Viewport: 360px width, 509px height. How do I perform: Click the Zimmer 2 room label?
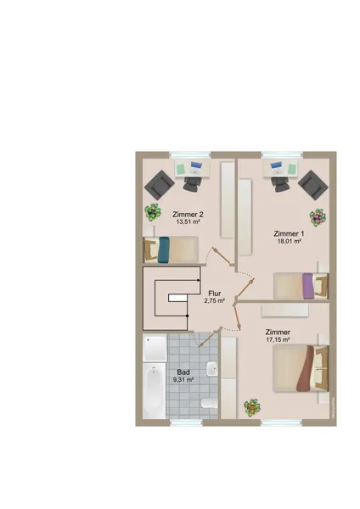point(188,215)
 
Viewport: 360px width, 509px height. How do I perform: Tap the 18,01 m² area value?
point(289,241)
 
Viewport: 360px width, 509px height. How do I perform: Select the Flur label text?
point(215,294)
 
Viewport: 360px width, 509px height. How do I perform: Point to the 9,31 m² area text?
point(183,379)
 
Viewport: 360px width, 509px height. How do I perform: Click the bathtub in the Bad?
point(155,390)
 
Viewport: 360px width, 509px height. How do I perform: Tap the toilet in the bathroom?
point(209,403)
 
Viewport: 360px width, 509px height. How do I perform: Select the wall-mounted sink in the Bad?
point(212,369)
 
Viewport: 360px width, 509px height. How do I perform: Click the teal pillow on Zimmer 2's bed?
point(163,249)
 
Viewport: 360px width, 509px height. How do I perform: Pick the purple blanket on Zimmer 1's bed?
point(307,286)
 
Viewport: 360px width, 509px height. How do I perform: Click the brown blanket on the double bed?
point(305,368)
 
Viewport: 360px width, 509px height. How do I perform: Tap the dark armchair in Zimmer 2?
point(160,185)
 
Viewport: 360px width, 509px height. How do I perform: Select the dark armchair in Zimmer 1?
point(313,185)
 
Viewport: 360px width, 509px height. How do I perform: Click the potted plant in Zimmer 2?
point(153,212)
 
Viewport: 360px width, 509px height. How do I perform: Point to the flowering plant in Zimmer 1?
point(318,217)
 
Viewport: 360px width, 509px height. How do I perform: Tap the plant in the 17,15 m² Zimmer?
point(252,407)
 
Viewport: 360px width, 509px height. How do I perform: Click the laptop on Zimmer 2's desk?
point(195,167)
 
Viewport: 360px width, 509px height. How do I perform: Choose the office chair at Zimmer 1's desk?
point(280,184)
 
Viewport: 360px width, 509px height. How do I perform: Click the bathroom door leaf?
point(208,338)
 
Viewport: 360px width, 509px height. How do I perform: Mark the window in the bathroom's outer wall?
point(187,422)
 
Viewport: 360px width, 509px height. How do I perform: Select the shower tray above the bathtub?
point(155,347)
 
